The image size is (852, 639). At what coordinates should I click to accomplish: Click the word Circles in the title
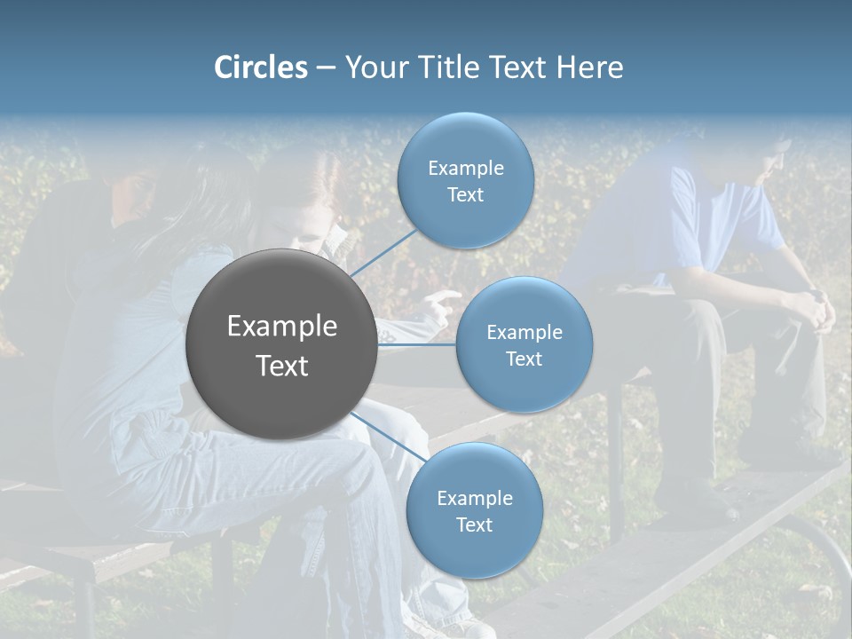[260, 67]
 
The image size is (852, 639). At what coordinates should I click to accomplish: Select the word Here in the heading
[589, 67]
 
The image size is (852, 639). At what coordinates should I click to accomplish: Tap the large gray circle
[281, 344]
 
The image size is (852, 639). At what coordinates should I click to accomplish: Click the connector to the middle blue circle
[417, 343]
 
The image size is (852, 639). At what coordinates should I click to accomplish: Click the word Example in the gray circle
[281, 327]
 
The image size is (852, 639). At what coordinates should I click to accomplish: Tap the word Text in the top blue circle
[465, 195]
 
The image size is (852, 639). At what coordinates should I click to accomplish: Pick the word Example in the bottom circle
[474, 499]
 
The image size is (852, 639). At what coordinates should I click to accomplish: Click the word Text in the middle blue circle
[524, 359]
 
